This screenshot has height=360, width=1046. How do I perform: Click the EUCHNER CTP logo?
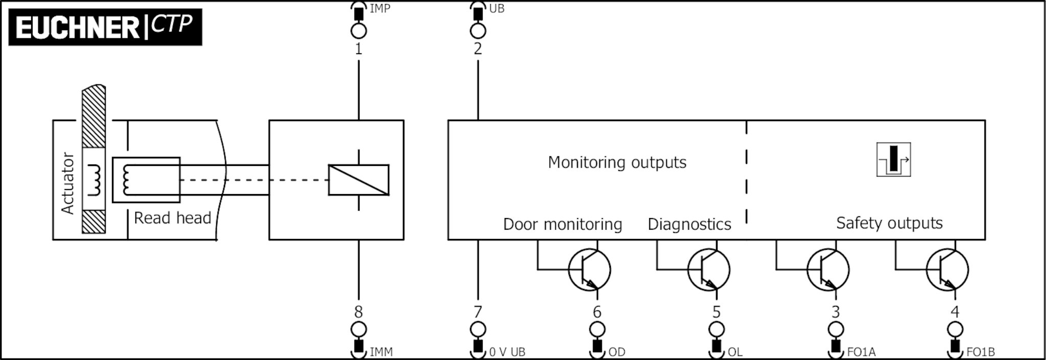tap(105, 27)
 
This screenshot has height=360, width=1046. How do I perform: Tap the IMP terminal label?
tap(379, 9)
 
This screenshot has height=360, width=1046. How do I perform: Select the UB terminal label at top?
tap(496, 9)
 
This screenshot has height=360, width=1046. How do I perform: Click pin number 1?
tap(359, 49)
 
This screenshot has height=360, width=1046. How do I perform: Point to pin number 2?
tap(478, 49)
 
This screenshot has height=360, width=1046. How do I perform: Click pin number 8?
tap(359, 311)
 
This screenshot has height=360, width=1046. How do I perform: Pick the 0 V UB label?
tap(507, 352)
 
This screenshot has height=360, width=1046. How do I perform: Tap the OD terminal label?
tap(616, 352)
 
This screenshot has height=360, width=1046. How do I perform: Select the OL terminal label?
tap(735, 352)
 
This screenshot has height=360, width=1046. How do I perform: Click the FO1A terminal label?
tap(861, 352)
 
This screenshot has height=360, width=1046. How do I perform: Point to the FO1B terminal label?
tap(980, 352)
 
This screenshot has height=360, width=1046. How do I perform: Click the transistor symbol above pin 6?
tap(589, 270)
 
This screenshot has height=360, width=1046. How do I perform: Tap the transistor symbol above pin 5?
tap(708, 270)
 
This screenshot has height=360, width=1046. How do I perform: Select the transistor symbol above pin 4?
tap(947, 270)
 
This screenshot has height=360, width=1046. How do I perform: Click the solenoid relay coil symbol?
tap(359, 180)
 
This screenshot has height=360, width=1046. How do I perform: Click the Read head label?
tap(172, 218)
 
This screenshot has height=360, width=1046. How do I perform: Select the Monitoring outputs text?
tap(617, 162)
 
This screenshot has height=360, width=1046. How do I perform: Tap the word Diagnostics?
tap(689, 224)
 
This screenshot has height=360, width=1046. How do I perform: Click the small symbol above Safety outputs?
tap(893, 160)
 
